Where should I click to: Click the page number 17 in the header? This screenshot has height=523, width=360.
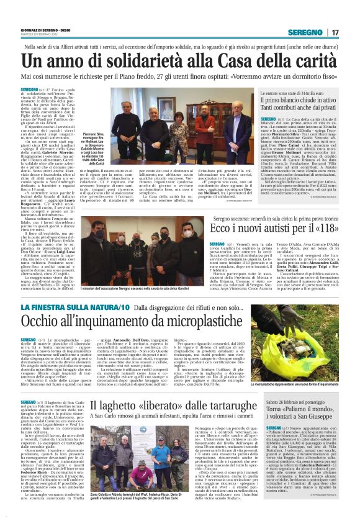point(335,32)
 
